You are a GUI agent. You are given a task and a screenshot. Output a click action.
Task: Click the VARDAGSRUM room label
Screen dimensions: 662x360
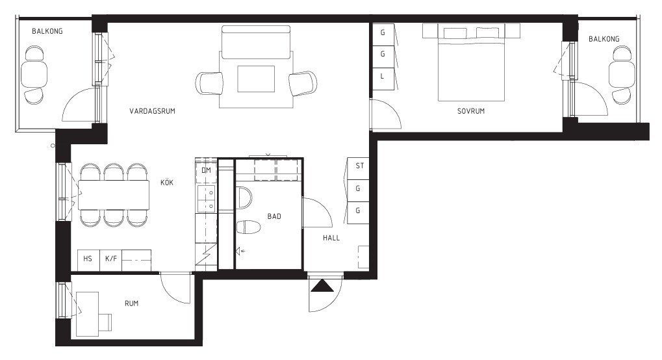152,111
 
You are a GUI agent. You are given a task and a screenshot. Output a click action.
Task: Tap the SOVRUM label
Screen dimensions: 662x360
471,111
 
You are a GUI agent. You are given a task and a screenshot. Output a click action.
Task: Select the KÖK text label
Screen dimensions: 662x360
167,183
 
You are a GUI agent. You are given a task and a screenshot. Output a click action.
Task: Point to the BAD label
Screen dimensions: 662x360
274,216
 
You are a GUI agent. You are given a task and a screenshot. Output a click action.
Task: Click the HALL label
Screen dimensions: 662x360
331,238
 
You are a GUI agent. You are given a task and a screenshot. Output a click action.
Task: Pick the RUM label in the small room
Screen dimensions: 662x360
132,303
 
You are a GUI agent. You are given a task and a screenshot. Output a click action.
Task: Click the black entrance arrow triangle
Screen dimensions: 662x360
322,286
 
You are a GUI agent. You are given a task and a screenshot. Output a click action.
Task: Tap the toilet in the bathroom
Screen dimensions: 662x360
248,227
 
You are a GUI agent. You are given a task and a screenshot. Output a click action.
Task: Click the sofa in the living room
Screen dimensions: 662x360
256,42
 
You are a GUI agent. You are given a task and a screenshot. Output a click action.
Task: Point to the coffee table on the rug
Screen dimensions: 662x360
256,79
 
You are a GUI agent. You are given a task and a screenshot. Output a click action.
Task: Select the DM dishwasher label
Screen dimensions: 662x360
206,171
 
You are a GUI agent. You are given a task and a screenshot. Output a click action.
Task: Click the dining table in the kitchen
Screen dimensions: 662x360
114,195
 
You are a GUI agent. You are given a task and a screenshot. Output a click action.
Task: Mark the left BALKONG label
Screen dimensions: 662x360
47,31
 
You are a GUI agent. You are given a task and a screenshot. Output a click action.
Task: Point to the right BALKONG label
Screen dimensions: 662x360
604,39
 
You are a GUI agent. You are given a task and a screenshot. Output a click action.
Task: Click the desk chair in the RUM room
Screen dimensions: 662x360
105,322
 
